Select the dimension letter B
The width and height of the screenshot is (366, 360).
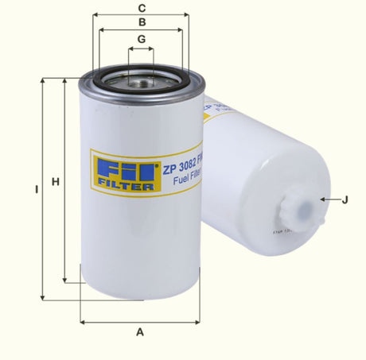pos(141,22)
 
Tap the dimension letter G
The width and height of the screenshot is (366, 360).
pos(141,39)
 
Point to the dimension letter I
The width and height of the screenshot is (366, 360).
pos(36,190)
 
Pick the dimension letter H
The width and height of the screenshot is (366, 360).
pos(55,183)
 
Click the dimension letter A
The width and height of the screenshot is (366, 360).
pos(140,331)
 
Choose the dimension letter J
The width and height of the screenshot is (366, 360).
pos(345,199)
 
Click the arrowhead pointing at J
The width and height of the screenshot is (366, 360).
pos(321,199)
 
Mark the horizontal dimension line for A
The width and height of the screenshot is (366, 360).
pos(140,321)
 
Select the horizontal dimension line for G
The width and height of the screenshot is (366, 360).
pos(141,49)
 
